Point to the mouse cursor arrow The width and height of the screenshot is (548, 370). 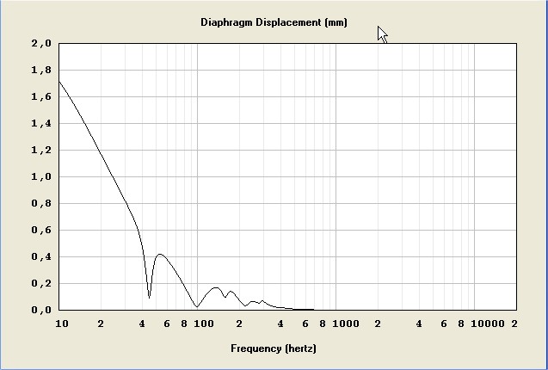(381, 33)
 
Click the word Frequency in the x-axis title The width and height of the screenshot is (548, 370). (256, 348)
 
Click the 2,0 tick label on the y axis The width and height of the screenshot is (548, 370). (41, 43)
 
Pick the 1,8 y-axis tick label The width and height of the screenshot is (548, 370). (41, 70)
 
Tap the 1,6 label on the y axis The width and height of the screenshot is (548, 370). (41, 96)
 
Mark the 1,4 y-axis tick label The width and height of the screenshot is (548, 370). (41, 123)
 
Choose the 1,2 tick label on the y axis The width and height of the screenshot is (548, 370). (41, 150)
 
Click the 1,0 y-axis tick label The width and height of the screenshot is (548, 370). (41, 176)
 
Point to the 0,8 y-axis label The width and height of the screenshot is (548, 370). (41, 203)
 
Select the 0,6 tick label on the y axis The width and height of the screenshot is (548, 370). (41, 230)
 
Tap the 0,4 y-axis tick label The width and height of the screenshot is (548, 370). (41, 256)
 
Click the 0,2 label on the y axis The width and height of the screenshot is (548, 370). (41, 283)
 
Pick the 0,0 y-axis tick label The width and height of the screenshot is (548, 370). (41, 310)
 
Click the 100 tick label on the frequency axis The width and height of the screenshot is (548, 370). (202, 324)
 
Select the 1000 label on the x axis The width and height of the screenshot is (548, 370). (345, 324)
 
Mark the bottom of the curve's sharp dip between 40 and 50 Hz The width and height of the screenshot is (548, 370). (150, 298)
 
